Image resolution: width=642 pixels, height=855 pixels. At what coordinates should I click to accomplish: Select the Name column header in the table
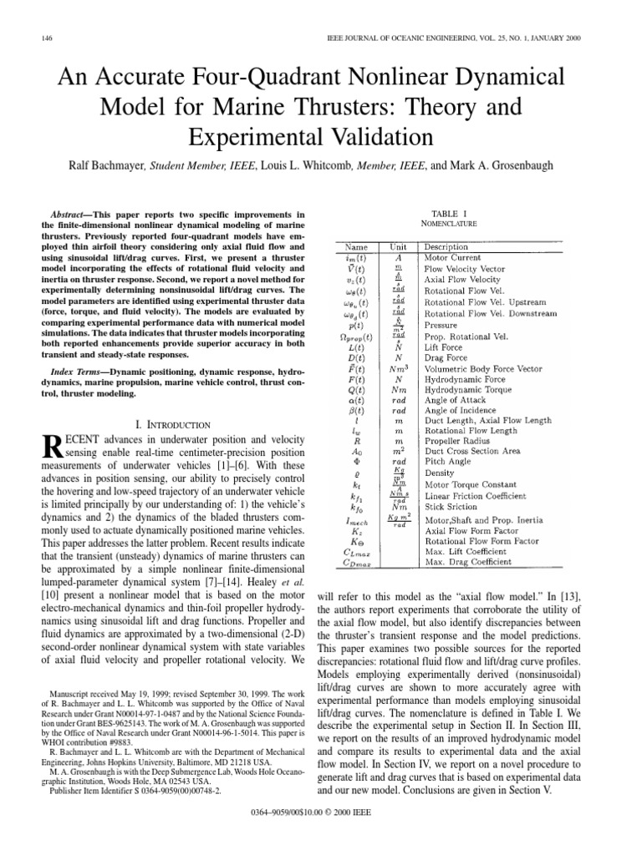point(360,247)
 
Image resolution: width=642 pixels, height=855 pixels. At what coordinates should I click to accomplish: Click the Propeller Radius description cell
point(461,439)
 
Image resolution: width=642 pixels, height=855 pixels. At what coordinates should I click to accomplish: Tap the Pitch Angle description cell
point(450,463)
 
